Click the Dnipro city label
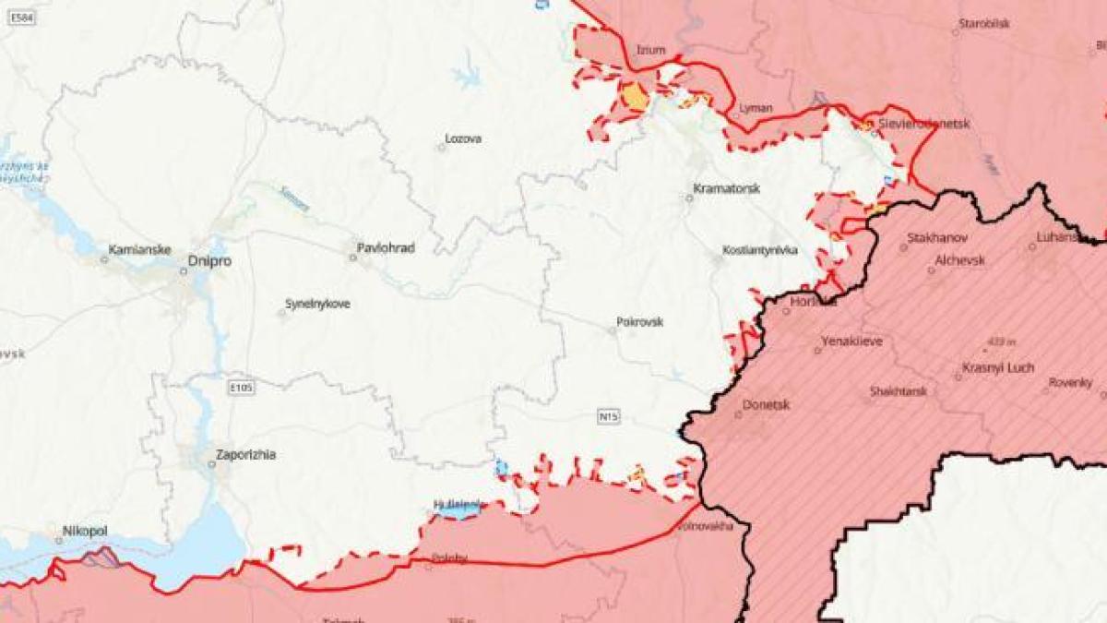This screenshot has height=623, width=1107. click(209, 261)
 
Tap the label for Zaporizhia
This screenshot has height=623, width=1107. click(245, 454)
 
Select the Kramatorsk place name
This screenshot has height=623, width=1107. click(727, 188)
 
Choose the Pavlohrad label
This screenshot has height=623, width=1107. click(387, 248)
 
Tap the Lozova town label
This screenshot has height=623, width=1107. click(463, 138)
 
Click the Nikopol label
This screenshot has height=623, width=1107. click(85, 532)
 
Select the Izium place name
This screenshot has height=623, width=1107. click(650, 50)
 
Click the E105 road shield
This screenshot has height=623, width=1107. click(241, 388)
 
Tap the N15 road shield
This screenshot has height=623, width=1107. click(608, 417)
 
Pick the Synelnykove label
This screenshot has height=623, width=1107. click(317, 304)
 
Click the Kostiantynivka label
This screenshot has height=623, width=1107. click(760, 250)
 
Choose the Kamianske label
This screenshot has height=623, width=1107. click(136, 249)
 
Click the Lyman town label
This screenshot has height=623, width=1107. click(756, 109)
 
